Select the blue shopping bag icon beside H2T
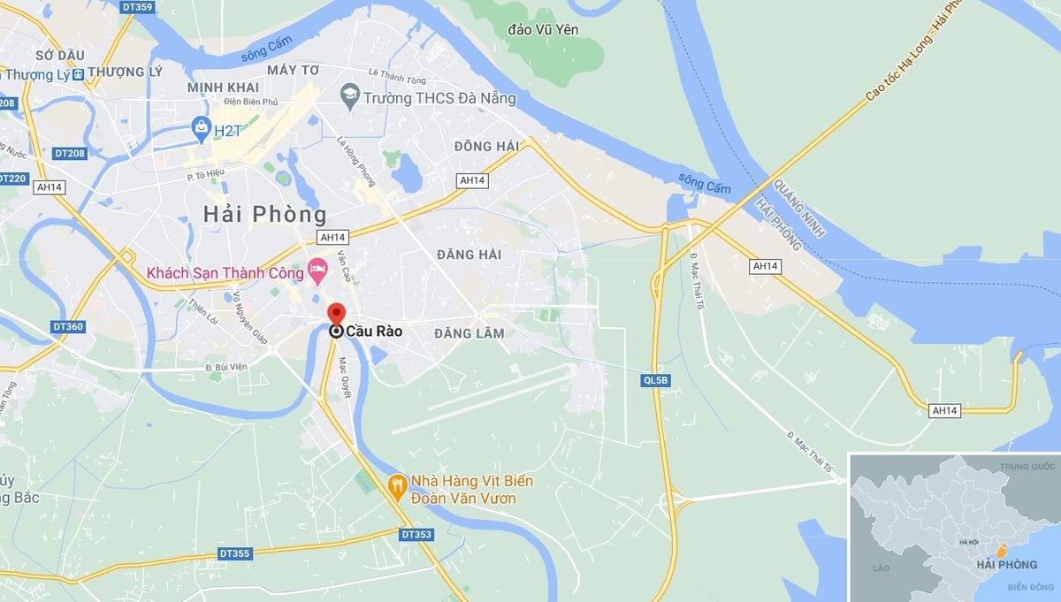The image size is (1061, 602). tap(202, 129)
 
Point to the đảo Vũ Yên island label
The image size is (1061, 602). tap(543, 30)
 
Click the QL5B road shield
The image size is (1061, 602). tap(656, 380)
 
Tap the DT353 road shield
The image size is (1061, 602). tap(416, 534)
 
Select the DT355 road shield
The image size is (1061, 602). tap(234, 553)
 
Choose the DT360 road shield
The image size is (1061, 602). tap(68, 326)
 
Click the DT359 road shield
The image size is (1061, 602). tap(137, 7)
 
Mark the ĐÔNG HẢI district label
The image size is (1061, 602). tap(486, 146)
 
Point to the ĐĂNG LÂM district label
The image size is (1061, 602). tap(469, 333)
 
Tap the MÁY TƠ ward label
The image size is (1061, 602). tap(293, 69)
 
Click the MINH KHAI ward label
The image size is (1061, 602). tap(223, 88)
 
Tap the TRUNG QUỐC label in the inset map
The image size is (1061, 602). tap(1027, 465)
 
